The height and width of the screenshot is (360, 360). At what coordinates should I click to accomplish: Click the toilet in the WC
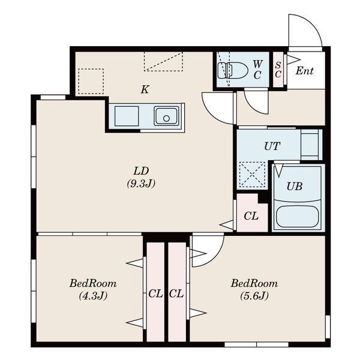[232, 70]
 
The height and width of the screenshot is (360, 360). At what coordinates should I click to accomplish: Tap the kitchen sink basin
[166, 116]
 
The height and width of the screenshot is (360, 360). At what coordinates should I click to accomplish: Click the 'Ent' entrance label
[304, 71]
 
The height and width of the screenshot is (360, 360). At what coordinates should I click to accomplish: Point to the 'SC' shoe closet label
[278, 70]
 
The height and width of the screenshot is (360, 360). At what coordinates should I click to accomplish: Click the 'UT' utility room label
[272, 146]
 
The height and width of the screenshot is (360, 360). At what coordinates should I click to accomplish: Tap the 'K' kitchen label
[145, 89]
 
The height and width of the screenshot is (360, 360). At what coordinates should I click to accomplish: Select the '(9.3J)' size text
[141, 183]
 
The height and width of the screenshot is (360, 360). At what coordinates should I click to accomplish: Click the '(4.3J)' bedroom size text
[93, 296]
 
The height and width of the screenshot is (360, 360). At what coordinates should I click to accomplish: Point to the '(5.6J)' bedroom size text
[254, 296]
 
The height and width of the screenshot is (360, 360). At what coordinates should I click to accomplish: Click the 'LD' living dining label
[141, 171]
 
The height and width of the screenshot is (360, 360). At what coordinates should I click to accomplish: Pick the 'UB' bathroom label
[295, 187]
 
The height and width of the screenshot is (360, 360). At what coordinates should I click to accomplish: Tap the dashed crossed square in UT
[252, 175]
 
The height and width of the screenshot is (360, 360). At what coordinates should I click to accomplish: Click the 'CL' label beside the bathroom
[251, 216]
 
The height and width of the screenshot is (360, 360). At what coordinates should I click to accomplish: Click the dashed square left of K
[91, 81]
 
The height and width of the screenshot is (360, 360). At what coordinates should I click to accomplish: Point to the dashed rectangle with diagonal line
[163, 61]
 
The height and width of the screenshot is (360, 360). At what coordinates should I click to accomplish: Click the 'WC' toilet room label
[257, 70]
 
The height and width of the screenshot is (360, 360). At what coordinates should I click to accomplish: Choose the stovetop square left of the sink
[127, 116]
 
